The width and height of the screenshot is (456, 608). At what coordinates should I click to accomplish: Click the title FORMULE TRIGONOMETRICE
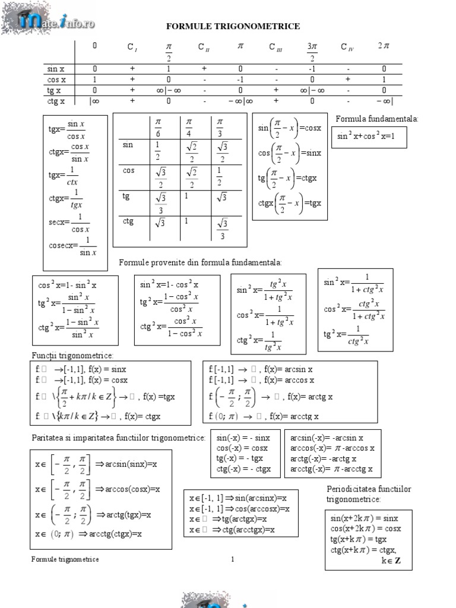(x=232, y=27)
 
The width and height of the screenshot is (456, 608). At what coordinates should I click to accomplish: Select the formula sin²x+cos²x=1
(x=365, y=136)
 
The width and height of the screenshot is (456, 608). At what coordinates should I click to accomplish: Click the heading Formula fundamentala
(x=377, y=119)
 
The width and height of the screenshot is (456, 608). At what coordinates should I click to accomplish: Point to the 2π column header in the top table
(x=384, y=46)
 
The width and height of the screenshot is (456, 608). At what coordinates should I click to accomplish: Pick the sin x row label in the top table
(x=56, y=69)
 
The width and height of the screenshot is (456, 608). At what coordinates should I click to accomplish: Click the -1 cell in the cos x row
(x=240, y=80)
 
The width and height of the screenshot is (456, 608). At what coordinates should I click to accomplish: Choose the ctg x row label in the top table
(x=56, y=101)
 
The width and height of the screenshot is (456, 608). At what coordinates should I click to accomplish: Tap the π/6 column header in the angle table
(x=158, y=126)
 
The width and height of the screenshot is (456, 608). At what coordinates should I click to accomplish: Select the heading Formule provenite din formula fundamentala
(x=201, y=262)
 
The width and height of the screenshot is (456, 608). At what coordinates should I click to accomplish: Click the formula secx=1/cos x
(x=69, y=223)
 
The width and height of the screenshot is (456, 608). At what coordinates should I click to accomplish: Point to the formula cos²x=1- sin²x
(x=68, y=285)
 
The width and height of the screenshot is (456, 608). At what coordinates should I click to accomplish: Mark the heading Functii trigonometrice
(x=72, y=355)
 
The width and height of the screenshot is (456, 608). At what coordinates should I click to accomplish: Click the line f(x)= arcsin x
(x=261, y=369)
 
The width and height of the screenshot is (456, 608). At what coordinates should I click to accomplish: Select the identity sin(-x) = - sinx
(x=243, y=438)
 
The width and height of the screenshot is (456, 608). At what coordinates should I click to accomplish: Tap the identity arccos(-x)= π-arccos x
(x=332, y=448)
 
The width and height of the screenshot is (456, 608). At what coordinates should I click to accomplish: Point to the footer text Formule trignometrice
(x=65, y=559)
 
